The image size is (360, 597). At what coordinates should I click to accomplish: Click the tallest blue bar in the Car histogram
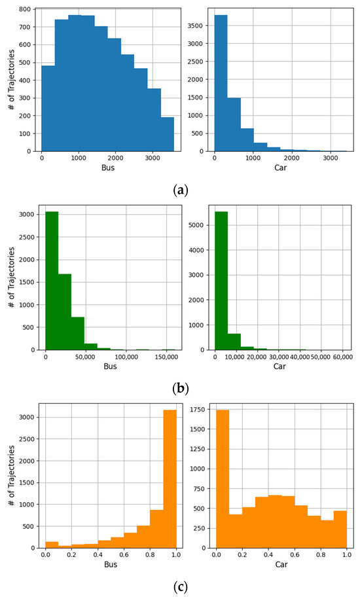tap(221, 88)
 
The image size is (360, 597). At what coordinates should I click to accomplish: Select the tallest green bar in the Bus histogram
tap(52, 281)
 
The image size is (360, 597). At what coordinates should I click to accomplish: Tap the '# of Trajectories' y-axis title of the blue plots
tap(9, 79)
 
